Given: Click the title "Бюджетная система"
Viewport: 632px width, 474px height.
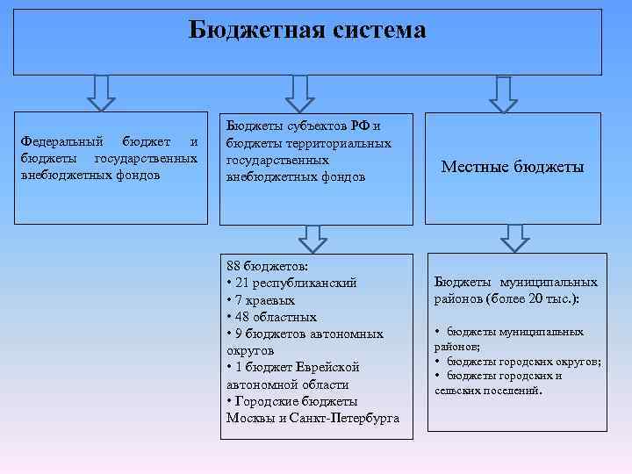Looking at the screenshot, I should (307, 31).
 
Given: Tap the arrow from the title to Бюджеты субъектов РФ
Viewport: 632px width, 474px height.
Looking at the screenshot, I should (299, 92).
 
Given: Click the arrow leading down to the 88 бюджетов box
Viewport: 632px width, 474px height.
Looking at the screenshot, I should (312, 238).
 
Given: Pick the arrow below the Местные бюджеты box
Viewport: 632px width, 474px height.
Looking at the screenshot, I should (515, 237).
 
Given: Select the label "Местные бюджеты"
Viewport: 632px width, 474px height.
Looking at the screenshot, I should (513, 167).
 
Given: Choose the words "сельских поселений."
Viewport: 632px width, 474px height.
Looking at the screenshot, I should (489, 390).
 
